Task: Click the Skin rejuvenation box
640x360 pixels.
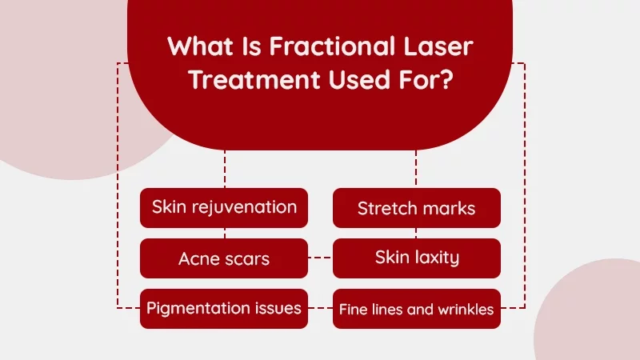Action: tap(224, 207)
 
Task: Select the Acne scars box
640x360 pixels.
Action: tap(224, 258)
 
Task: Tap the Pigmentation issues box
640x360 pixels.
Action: tap(224, 308)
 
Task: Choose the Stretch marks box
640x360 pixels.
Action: tap(416, 208)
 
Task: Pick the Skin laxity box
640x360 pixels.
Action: tap(416, 258)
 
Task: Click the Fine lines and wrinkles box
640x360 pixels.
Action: tap(416, 309)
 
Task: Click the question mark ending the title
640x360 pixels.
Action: tap(462, 82)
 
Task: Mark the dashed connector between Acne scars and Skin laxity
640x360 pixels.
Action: tap(320, 258)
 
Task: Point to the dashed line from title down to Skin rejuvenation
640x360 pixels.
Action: tap(225, 169)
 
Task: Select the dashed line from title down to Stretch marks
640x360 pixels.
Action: tap(416, 169)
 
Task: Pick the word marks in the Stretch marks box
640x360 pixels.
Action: tap(448, 208)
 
